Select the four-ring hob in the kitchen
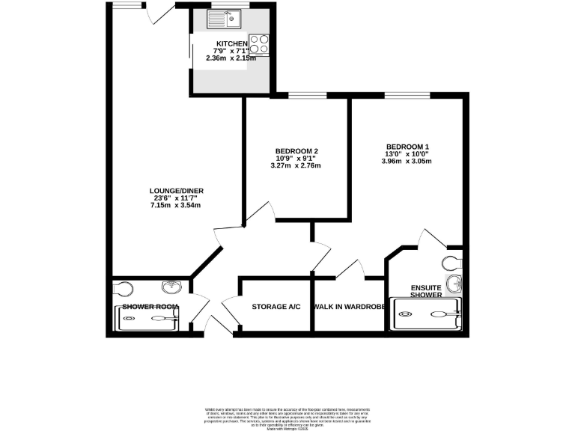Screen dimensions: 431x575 coord(258,44)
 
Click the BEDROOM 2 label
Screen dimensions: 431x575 coord(296,151)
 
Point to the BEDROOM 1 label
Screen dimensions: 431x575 coord(407,147)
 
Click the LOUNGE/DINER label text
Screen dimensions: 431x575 coord(176,191)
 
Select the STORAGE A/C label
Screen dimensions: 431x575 coord(276,307)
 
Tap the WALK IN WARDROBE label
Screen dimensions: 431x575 coord(349,307)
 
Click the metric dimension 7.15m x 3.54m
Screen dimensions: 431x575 coord(176,205)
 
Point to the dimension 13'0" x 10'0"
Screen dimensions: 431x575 coord(407,154)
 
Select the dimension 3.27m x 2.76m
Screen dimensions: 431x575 coord(296,165)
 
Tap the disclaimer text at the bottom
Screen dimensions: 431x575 coord(287,417)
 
